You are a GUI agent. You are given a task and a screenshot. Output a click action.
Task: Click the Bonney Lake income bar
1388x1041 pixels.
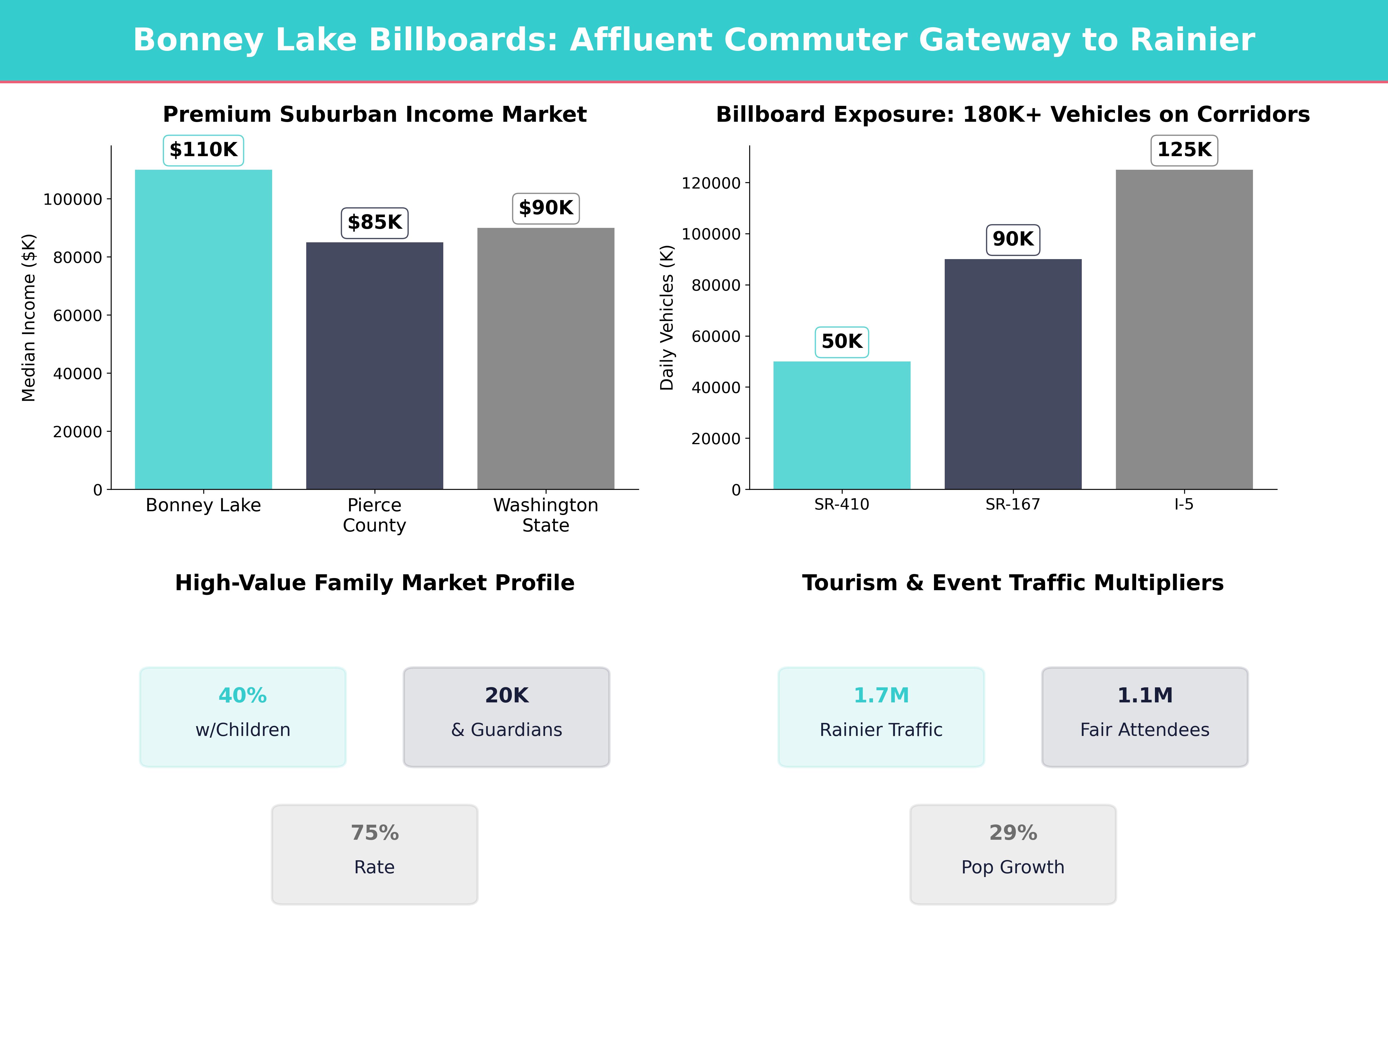pos(203,329)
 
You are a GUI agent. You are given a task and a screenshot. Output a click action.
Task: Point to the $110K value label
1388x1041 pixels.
pos(203,150)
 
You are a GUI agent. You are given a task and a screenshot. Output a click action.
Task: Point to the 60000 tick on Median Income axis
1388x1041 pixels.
pos(77,316)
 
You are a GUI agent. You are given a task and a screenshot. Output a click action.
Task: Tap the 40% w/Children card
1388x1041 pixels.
pos(243,717)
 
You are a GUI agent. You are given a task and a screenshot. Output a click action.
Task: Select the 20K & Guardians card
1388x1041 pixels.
pos(506,717)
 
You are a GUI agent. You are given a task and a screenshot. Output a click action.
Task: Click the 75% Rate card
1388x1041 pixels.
pos(374,854)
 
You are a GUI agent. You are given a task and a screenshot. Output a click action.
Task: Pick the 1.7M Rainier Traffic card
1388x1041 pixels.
pos(881,717)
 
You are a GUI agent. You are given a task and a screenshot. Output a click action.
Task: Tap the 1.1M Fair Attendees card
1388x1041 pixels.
pos(1145,717)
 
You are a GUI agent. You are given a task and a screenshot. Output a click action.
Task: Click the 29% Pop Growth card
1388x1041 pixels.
pos(1013,854)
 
